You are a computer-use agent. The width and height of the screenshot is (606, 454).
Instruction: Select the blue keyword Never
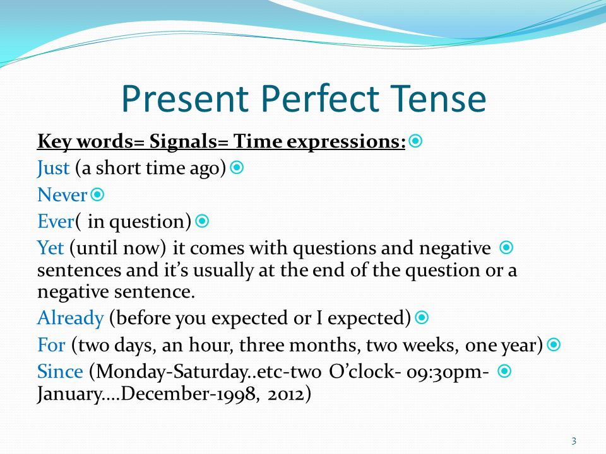(62, 195)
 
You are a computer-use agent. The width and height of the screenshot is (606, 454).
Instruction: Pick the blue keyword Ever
(56, 221)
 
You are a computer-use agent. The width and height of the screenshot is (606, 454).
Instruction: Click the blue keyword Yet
(50, 247)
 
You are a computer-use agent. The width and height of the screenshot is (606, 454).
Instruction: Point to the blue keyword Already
(70, 318)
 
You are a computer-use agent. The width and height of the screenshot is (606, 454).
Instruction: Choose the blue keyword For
(51, 344)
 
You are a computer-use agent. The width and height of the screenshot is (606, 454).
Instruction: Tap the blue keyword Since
(60, 371)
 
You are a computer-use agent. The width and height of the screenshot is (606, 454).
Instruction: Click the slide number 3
(574, 441)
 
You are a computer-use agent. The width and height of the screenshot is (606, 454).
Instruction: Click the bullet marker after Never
(97, 194)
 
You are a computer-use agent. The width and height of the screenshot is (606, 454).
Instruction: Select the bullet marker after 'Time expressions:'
(415, 141)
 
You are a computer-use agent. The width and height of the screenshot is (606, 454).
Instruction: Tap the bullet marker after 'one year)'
(554, 344)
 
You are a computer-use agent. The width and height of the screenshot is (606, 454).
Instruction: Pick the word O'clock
(362, 372)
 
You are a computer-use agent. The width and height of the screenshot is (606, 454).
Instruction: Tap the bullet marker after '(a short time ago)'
(237, 168)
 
